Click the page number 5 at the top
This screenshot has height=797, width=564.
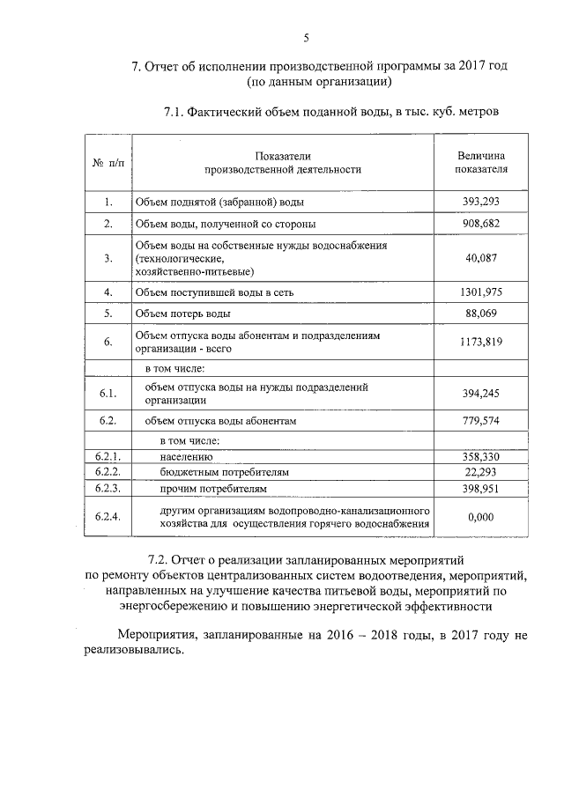pos(306,36)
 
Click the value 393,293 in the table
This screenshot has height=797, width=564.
pos(481,202)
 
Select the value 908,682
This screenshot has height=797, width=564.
pos(481,224)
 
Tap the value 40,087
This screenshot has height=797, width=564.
pos(481,258)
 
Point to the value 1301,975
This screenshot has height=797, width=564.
pos(481,291)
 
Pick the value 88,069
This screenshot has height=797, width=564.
pos(481,314)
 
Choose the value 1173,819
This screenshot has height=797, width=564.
pos(481,342)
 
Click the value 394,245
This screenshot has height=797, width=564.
pos(481,393)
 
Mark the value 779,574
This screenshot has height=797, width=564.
pos(481,421)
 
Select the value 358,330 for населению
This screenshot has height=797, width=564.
pos(481,458)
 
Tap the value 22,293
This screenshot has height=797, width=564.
pos(481,472)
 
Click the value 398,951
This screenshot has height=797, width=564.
pos(481,487)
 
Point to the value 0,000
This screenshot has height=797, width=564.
pos(481,517)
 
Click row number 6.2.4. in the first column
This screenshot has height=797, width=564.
pos(108,517)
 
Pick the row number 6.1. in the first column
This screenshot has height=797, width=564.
pos(108,393)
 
